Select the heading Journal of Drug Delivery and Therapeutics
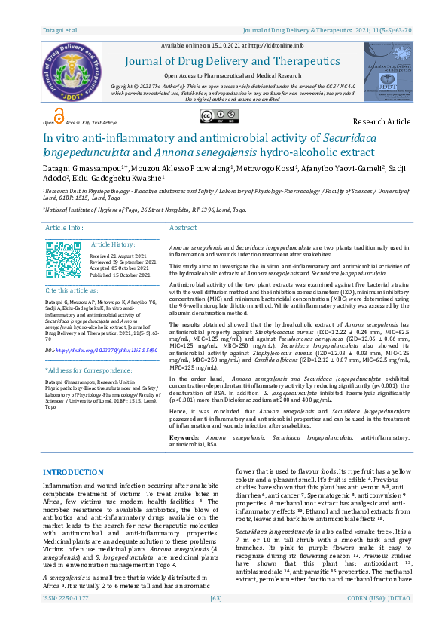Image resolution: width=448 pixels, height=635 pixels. coord(231,61)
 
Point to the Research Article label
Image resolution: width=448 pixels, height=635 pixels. coord(382,121)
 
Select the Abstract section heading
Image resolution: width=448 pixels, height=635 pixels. coord(183,228)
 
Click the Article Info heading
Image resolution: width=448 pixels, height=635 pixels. coord(65,228)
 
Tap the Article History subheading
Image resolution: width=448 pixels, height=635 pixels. coord(112,245)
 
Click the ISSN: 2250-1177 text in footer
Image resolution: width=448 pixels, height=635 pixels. coord(67,619)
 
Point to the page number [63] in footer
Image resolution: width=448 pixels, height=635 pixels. coord(216,619)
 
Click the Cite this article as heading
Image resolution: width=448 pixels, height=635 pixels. coord(72,290)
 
